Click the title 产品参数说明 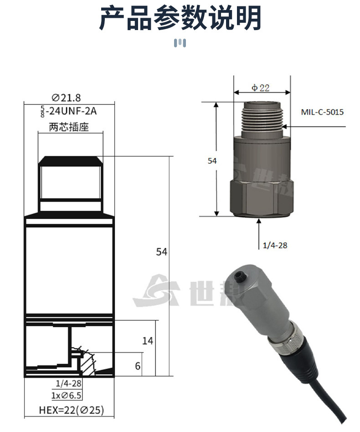click(180, 18)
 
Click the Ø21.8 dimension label click(66, 97)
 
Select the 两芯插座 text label click(69, 127)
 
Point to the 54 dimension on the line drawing click(162, 252)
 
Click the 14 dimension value click(148, 341)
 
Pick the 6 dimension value click(138, 366)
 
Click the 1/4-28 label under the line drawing click(69, 383)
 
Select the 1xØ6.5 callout click(67, 396)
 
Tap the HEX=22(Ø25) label click(72, 410)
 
